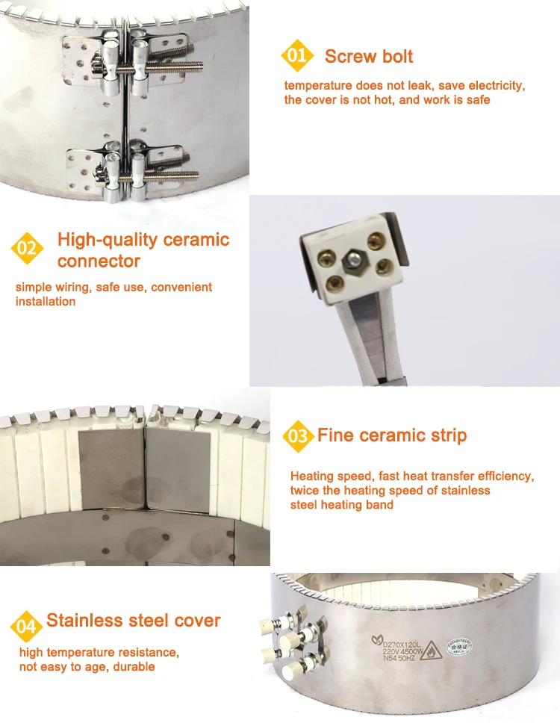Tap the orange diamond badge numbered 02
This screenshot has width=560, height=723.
point(26,248)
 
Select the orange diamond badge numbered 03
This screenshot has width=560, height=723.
point(297,435)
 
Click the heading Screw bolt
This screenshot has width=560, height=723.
point(369,57)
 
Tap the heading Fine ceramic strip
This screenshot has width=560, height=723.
point(392,435)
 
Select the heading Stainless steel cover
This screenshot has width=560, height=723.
point(134,621)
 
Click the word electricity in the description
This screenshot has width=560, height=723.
point(497,86)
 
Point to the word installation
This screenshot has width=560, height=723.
point(46,302)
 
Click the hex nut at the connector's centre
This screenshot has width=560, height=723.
point(352,261)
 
